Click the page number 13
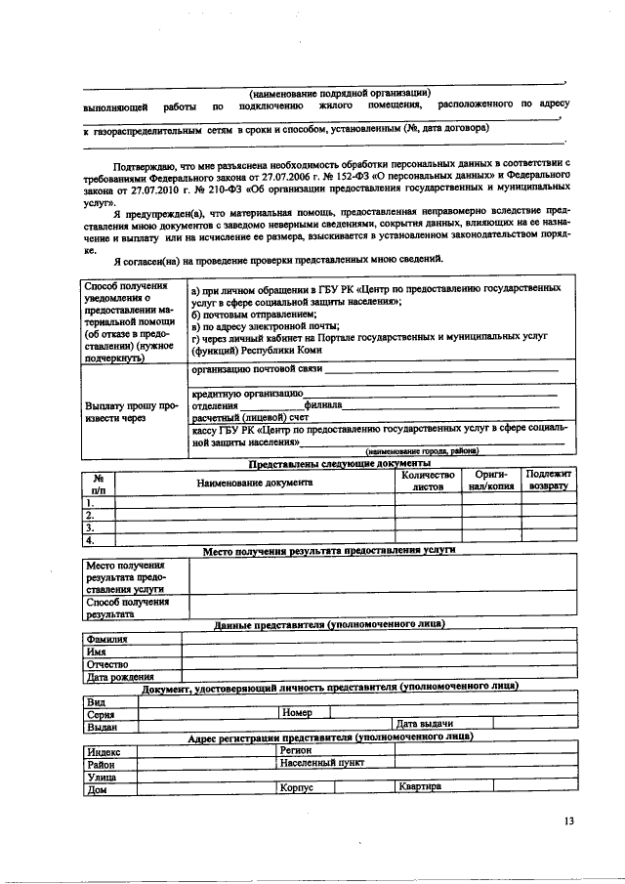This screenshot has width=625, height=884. (569, 821)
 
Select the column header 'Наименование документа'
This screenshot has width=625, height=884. (254, 483)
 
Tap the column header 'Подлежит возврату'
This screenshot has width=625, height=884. (548, 479)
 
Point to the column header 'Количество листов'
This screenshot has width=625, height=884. (428, 480)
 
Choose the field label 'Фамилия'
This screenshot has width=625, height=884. (109, 639)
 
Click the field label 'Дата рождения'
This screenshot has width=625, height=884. (121, 676)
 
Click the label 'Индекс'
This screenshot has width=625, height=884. (104, 752)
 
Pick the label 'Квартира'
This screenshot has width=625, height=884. (420, 787)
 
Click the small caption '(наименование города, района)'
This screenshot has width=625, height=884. (422, 451)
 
